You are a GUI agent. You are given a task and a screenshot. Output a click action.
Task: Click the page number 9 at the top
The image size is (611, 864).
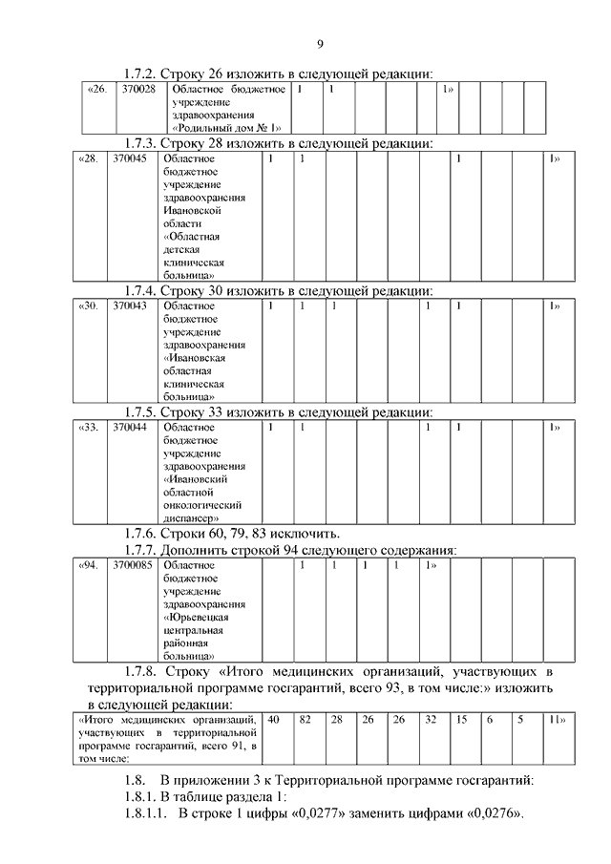tap(320, 44)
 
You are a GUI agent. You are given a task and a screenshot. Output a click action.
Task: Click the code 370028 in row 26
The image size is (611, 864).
tap(138, 90)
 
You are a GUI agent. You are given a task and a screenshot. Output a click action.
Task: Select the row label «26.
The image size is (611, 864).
tap(96, 90)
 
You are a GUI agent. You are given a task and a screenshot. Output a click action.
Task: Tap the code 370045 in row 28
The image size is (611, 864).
tap(129, 158)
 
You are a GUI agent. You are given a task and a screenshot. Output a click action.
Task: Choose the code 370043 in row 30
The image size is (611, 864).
tap(129, 306)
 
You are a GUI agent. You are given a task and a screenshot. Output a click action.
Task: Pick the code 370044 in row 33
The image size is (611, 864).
tap(129, 429)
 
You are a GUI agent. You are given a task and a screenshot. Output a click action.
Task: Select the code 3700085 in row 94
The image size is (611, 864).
tap(132, 566)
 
